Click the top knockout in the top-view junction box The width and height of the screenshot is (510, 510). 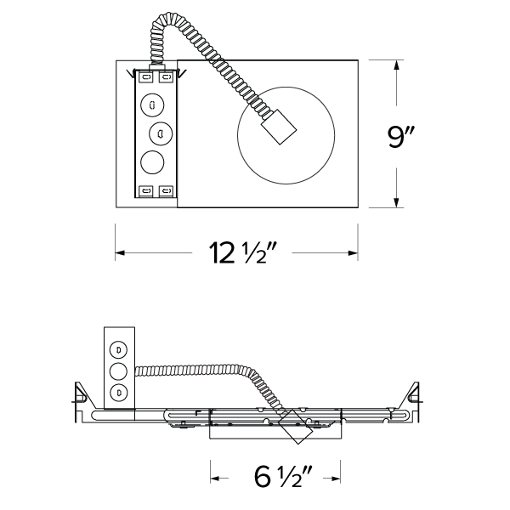tap(152, 105)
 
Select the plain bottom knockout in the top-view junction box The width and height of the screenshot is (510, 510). tap(152, 161)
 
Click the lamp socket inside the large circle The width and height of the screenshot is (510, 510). tap(278, 128)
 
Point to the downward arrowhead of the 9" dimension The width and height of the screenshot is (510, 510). tap(397, 201)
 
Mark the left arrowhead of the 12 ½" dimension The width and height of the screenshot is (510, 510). tap(120, 252)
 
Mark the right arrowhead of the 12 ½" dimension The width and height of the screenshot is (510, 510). tap(352, 252)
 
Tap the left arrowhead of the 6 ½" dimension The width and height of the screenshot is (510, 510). tap(215, 478)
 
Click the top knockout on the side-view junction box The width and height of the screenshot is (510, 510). tap(119, 349)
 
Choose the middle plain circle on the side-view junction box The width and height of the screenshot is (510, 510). tap(119, 371)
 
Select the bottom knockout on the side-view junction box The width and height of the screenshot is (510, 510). tap(119, 391)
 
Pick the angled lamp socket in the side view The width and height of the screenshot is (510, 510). tap(296, 428)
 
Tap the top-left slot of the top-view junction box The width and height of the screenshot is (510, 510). tap(144, 77)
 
